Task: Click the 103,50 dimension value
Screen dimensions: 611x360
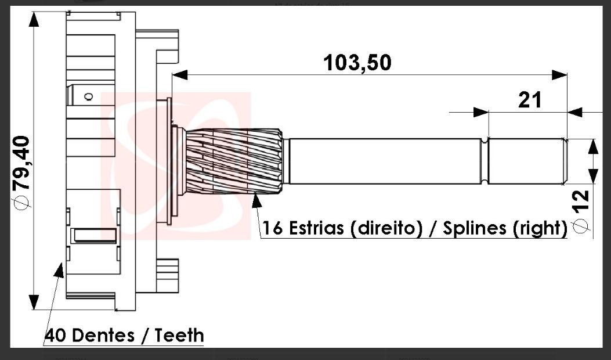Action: (357, 63)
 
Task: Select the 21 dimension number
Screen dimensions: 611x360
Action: (530, 100)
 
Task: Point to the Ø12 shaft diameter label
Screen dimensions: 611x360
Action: (581, 211)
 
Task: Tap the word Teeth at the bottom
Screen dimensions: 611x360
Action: (179, 336)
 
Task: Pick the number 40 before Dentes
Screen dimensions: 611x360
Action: (56, 336)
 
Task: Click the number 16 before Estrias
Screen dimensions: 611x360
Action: (272, 228)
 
